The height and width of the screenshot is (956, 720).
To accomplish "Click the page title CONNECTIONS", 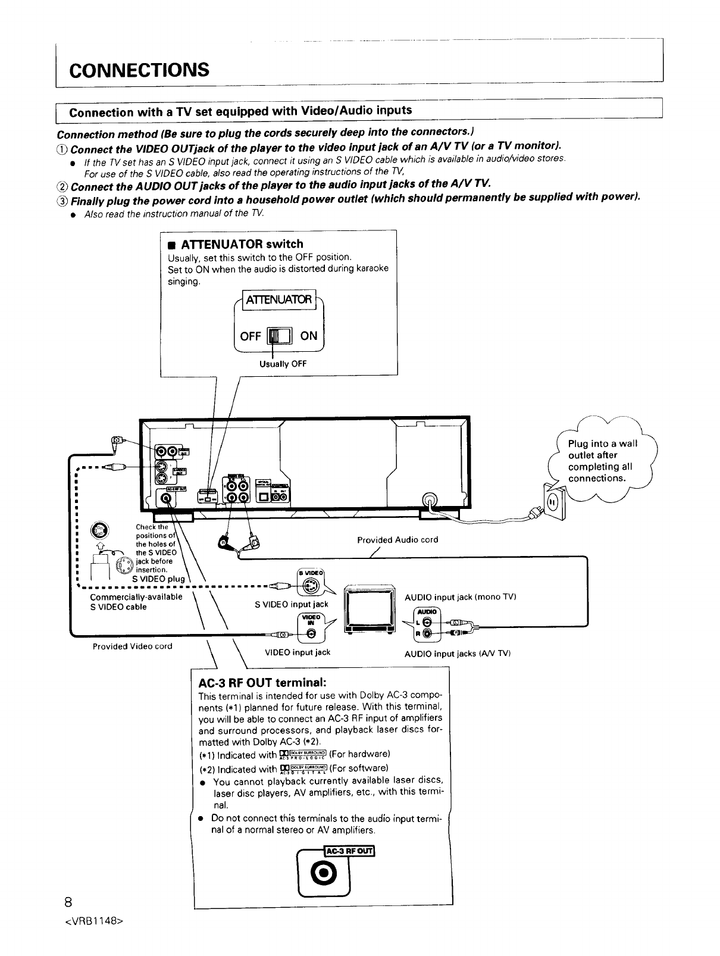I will (139, 70).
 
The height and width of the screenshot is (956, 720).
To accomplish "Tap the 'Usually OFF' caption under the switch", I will (283, 364).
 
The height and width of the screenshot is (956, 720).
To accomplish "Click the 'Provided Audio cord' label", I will (397, 540).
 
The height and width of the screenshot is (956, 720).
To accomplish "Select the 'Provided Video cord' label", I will (132, 646).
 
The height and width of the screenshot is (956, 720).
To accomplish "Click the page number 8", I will (69, 900).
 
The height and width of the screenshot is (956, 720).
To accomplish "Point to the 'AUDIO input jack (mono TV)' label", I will (459, 596).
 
